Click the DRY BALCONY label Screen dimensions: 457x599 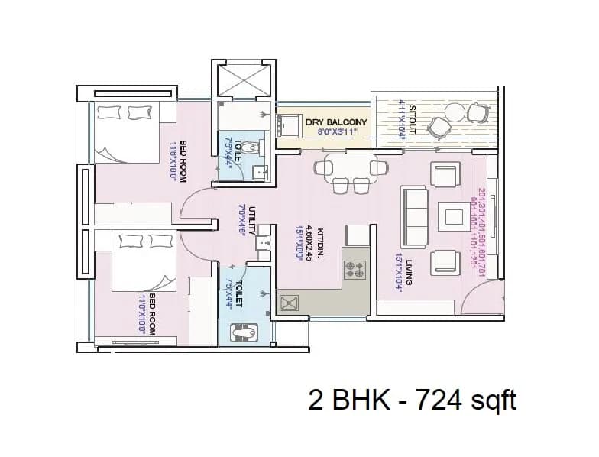(x=336, y=122)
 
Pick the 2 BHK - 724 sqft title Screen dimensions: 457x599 (x=413, y=400)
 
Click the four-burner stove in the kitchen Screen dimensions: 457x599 (x=356, y=267)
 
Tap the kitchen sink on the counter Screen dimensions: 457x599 (x=290, y=304)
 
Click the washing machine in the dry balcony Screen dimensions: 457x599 (x=289, y=124)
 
